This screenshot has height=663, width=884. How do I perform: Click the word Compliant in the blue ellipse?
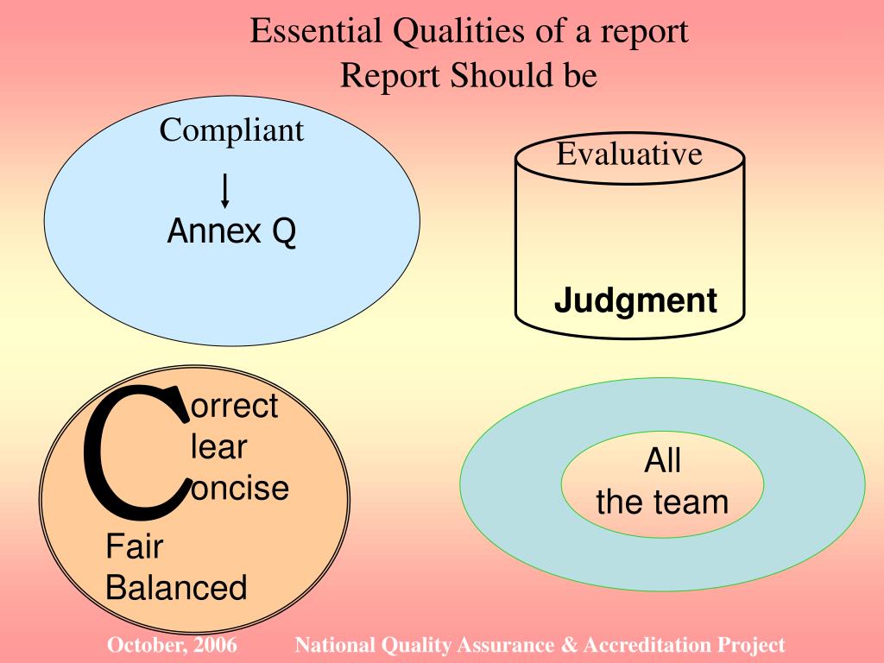[x=231, y=131]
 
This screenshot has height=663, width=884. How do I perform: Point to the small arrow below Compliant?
[x=225, y=190]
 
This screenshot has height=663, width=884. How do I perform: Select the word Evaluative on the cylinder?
[x=628, y=155]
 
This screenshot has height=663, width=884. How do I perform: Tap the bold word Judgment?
[x=635, y=301]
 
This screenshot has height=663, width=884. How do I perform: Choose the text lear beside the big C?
[x=218, y=447]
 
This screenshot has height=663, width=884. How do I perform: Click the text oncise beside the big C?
[x=239, y=489]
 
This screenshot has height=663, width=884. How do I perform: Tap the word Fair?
[x=135, y=546]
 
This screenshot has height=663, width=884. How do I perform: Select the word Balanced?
[x=176, y=589]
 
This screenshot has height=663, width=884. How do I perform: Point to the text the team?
[x=662, y=502]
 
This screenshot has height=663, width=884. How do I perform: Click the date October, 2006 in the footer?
[x=173, y=645]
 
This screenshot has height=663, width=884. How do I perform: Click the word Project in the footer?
[x=751, y=645]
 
